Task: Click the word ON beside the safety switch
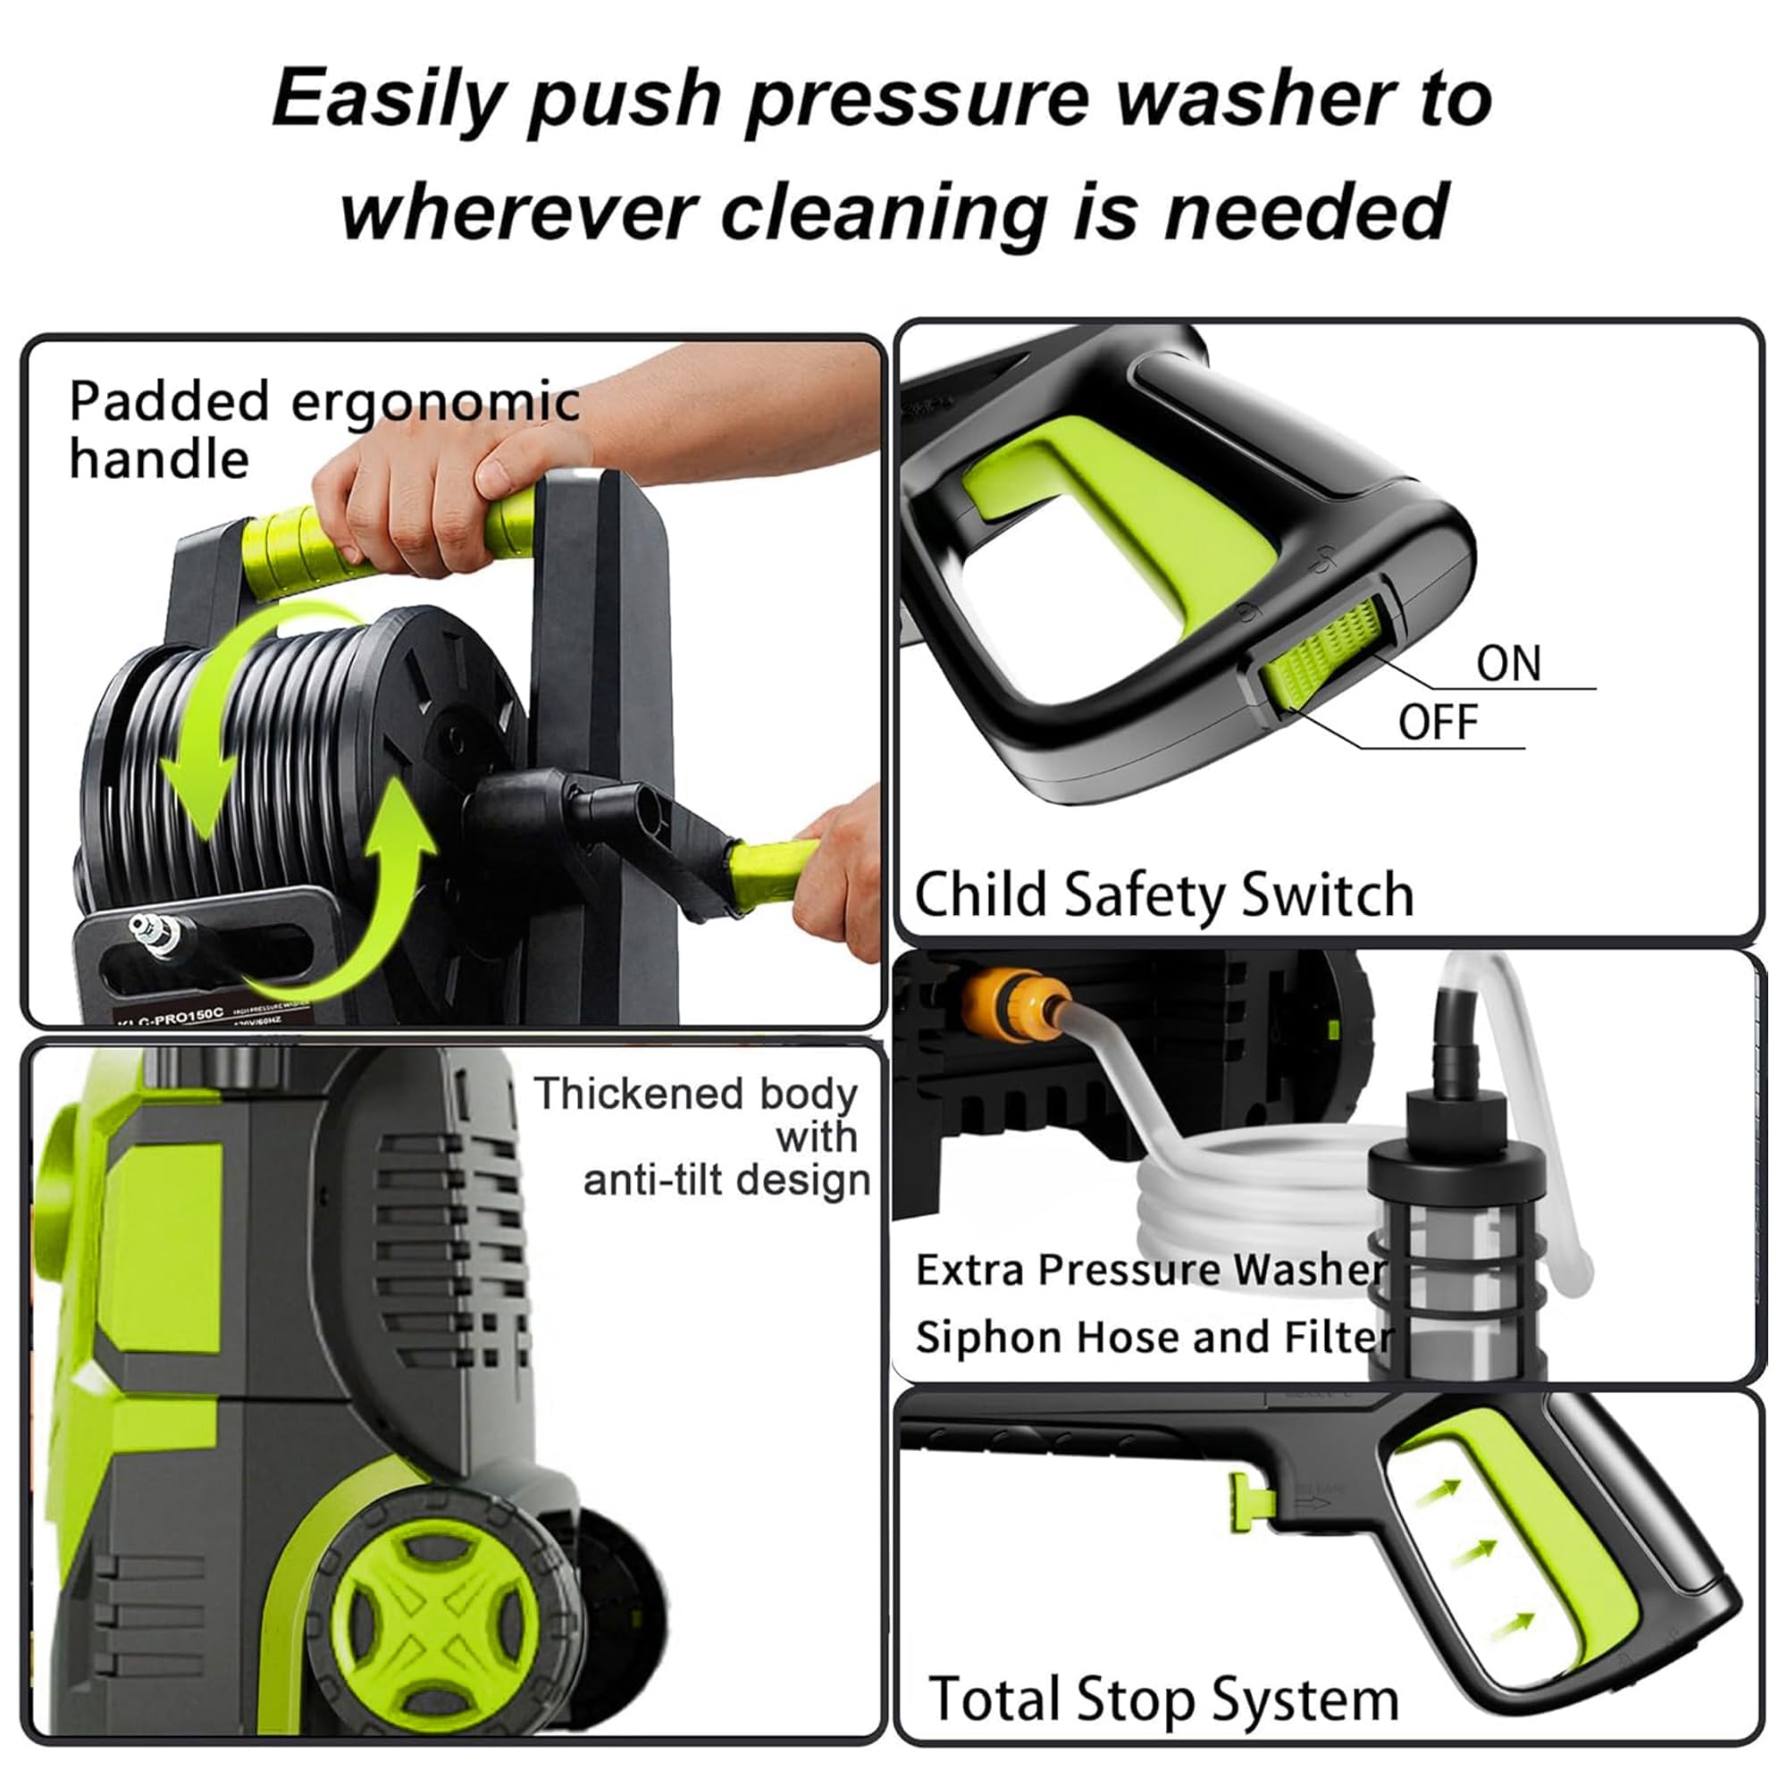(1507, 664)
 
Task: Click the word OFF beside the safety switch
(1438, 722)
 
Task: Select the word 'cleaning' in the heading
(884, 212)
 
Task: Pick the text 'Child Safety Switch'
(1163, 895)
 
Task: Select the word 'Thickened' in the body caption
(638, 1095)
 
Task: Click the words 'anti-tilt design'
(726, 1181)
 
